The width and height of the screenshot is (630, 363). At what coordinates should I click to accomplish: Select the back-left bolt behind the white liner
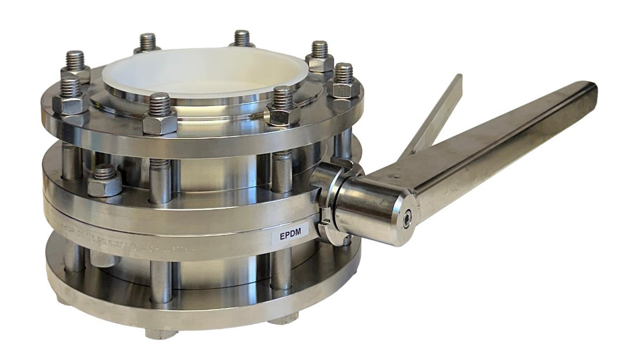tap(147, 43)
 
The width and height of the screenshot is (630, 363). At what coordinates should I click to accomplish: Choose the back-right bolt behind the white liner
tap(241, 39)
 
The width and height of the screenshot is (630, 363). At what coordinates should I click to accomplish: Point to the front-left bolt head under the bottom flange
tap(158, 332)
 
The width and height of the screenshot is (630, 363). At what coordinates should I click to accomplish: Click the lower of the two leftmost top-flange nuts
tap(70, 101)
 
